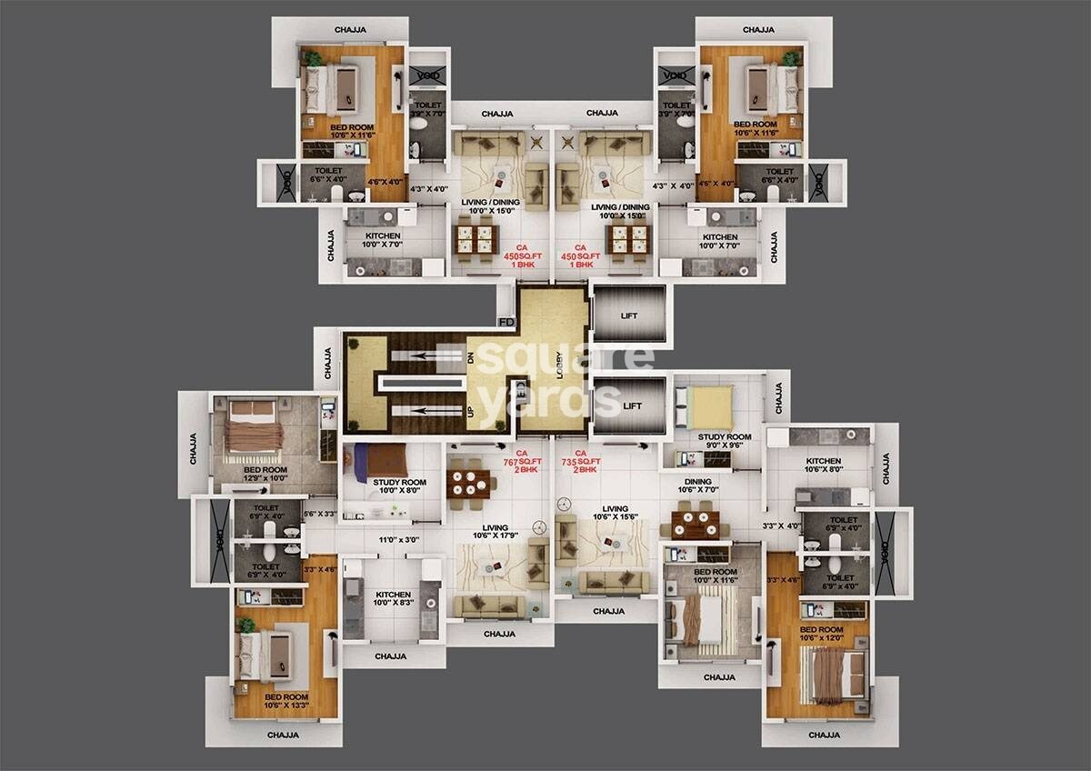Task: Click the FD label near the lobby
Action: click(x=506, y=321)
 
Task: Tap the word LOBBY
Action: click(x=560, y=364)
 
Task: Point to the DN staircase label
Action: click(x=471, y=358)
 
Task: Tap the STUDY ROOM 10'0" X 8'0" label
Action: click(x=399, y=487)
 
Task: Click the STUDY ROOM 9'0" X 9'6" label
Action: click(x=724, y=442)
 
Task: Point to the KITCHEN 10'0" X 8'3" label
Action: click(x=391, y=598)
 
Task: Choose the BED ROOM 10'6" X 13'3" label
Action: click(x=286, y=700)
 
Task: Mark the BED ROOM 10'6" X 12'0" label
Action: click(x=821, y=633)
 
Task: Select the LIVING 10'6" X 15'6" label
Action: click(x=615, y=515)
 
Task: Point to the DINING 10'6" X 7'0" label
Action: click(x=698, y=486)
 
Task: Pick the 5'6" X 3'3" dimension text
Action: click(x=319, y=514)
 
